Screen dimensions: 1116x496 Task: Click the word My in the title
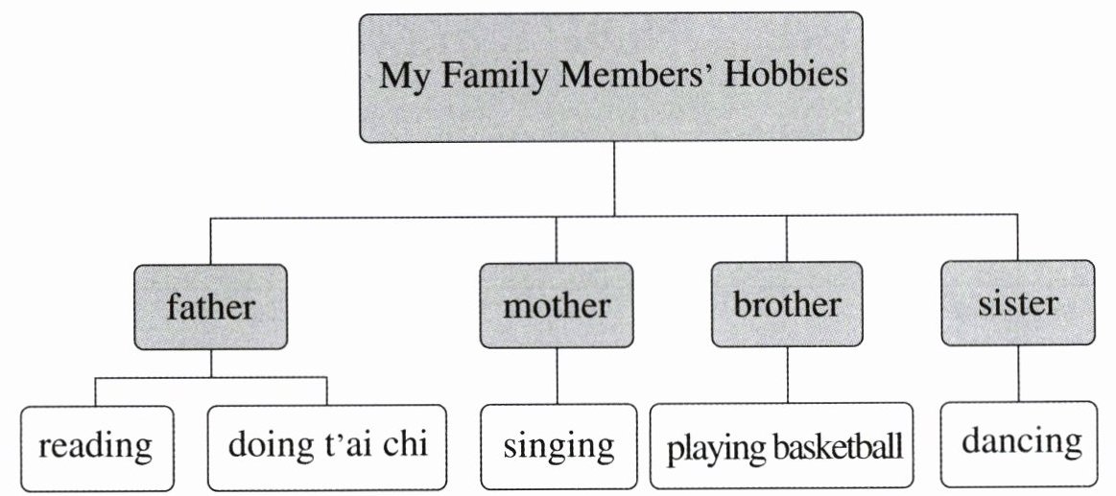point(402,76)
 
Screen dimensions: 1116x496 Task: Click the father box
point(211,307)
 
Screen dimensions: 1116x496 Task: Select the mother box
point(557,306)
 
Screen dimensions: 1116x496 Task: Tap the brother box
point(787,305)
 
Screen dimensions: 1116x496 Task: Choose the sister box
point(1018,303)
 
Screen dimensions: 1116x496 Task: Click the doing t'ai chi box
point(327,446)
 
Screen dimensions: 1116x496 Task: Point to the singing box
point(558,446)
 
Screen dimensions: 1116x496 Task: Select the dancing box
point(1019,443)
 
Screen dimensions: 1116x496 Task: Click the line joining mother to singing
point(558,375)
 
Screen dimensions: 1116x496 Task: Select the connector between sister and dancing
point(1018,373)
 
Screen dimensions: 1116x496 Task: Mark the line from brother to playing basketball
point(787,375)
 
